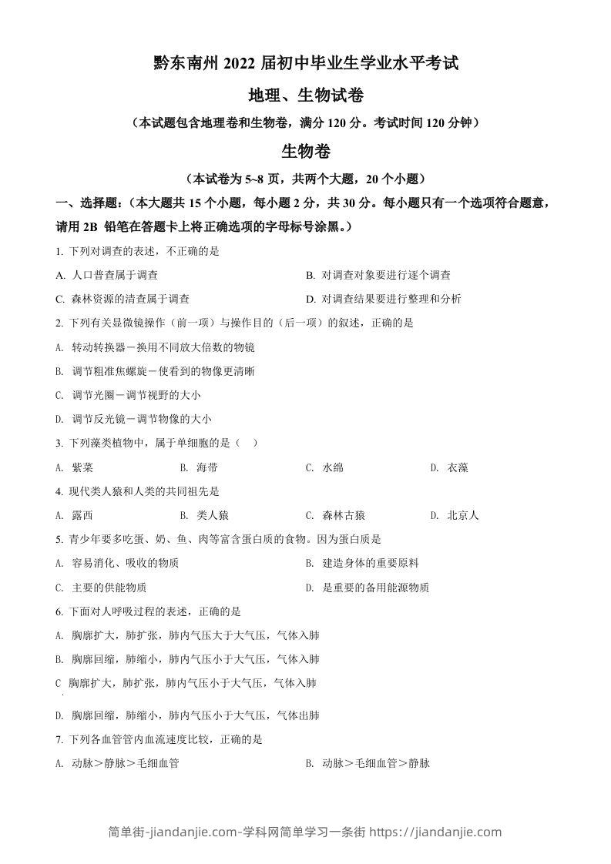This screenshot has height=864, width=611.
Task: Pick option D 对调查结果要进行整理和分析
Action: (x=390, y=299)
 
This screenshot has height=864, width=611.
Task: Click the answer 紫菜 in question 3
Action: (x=83, y=467)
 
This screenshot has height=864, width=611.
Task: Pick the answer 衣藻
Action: (x=458, y=467)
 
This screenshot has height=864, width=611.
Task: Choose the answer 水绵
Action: (x=333, y=467)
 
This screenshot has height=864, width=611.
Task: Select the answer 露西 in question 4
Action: (x=82, y=515)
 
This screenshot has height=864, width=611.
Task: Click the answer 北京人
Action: (x=463, y=515)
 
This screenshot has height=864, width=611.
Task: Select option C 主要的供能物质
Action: (x=109, y=588)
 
